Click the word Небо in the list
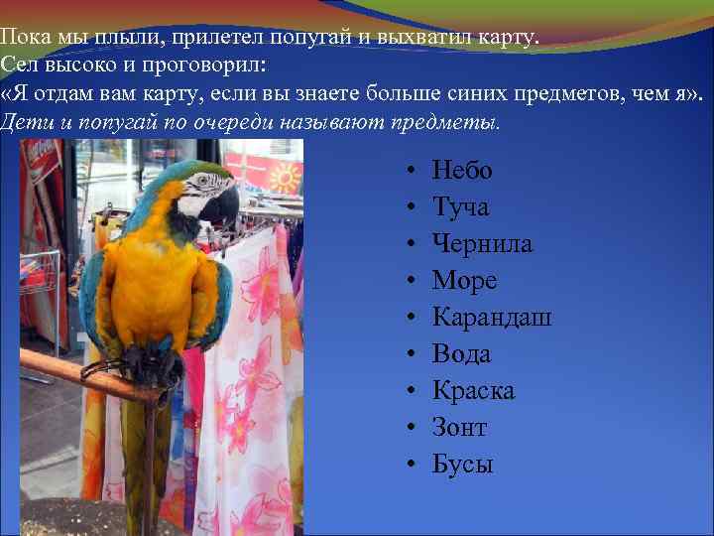click(462, 171)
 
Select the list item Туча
click(460, 207)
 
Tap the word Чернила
click(482, 244)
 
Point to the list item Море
click(464, 281)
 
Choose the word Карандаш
click(492, 318)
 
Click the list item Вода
click(461, 354)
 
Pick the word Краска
click(473, 391)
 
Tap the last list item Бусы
click(462, 465)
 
